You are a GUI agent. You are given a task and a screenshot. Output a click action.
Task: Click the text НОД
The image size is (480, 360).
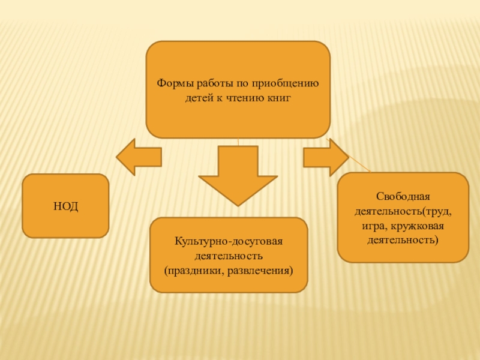pos(65,206)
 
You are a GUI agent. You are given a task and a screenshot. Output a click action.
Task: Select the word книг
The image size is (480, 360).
pos(278,96)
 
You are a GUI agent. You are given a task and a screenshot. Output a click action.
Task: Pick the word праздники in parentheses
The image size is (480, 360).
pos(195,270)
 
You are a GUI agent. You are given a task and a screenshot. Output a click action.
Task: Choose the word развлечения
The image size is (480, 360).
pos(262,270)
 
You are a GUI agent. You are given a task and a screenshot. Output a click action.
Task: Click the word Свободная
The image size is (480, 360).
pos(403,197)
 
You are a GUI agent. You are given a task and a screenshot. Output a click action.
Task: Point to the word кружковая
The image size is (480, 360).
pos(419,226)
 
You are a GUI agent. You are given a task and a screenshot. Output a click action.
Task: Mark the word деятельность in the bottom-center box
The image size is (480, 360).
pos(229,256)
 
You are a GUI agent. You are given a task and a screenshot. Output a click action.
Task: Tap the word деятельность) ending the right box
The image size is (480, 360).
pos(403,240)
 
